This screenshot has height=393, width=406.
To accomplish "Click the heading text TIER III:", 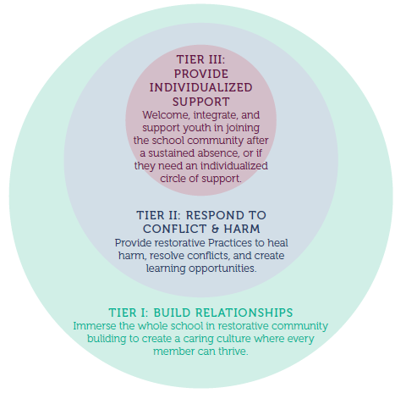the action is pyautogui.click(x=201, y=59).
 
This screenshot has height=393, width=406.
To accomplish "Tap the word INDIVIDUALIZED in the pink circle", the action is pyautogui.click(x=200, y=87).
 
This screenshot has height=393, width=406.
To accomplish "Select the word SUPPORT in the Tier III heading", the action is pyautogui.click(x=201, y=102).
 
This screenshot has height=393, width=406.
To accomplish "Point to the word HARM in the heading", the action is pyautogui.click(x=242, y=229).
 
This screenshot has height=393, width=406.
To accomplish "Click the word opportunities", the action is pyautogui.click(x=222, y=268).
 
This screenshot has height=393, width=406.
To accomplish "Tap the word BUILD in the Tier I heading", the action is pyautogui.click(x=172, y=313).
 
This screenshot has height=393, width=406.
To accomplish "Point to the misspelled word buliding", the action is pyautogui.click(x=107, y=339).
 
